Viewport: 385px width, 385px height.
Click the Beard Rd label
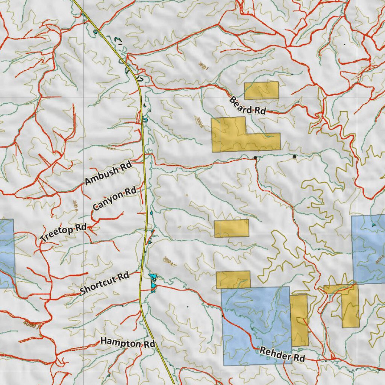pos(247,106)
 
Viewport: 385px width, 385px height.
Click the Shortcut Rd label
pos(104,283)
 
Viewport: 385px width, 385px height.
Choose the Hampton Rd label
pos(127,343)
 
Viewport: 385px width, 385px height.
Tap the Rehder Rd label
pos(282,355)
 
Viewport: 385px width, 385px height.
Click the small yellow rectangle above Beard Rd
pos(261,90)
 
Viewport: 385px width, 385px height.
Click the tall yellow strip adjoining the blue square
pos(299,320)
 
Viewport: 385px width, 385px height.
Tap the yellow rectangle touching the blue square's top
pos(233,279)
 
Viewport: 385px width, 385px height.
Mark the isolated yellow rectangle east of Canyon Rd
pos(231,228)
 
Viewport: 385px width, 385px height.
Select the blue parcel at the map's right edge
pos(368,248)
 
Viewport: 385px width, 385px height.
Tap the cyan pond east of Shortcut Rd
pos(153,282)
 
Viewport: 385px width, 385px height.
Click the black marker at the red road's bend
pos(255,157)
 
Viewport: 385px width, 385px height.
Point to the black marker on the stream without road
pos(294,156)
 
